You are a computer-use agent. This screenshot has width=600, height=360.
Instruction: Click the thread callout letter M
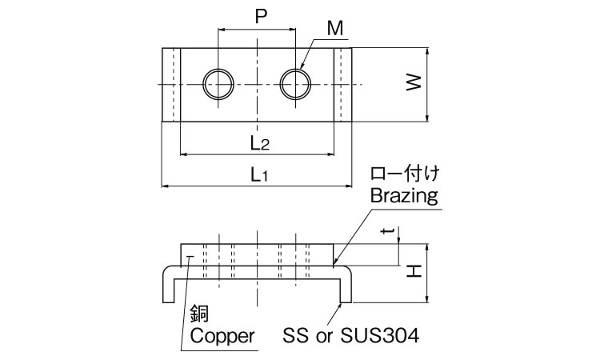(x=335, y=29)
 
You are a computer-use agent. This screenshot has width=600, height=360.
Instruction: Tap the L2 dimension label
(x=258, y=143)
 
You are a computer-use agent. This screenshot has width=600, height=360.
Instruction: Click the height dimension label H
(x=414, y=272)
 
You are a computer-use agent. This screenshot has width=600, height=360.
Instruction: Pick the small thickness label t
(x=388, y=232)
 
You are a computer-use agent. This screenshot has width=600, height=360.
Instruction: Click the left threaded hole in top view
(x=218, y=83)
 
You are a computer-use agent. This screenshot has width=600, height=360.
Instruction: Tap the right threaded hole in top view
(x=296, y=83)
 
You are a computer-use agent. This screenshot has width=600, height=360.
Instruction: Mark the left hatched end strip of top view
(x=170, y=85)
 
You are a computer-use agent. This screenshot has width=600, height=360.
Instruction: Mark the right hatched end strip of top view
(x=343, y=85)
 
